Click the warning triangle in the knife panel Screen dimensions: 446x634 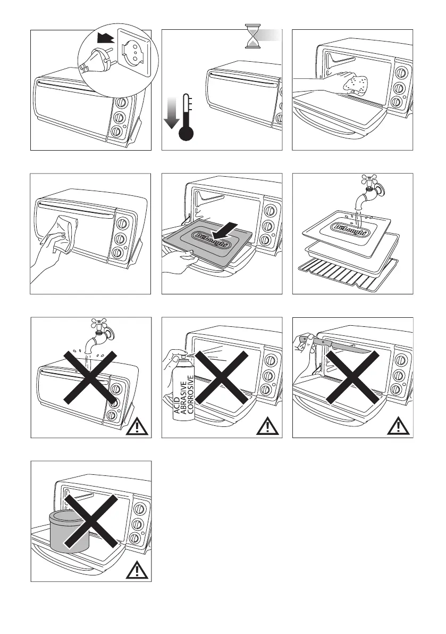coord(401,426)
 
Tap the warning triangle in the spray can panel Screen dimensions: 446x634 coord(270,426)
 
